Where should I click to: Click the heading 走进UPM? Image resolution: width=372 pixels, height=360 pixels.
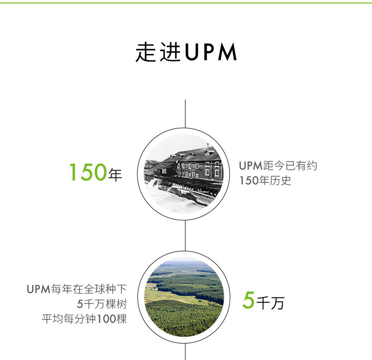point(186,52)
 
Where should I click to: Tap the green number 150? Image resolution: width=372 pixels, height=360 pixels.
point(88,172)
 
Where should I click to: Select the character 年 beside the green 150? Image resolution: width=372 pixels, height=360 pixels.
point(115,175)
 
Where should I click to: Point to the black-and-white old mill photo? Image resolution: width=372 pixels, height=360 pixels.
point(184,174)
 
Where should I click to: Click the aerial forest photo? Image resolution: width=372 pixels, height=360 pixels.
point(184,297)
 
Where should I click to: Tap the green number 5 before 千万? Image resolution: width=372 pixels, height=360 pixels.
point(248,300)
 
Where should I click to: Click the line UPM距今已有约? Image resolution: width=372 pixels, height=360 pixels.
point(278,166)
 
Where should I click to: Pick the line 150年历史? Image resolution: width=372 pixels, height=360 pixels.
point(265,180)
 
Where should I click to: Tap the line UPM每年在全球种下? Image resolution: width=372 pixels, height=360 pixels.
point(76,289)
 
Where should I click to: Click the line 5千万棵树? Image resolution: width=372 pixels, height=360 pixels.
point(102,304)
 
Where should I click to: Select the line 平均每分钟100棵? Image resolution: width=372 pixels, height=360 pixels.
point(84,319)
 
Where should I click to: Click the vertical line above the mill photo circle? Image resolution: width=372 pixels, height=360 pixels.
point(185,114)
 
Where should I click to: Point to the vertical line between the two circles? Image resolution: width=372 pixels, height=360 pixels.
point(185,236)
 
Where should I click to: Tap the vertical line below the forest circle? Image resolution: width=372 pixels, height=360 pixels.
point(185,352)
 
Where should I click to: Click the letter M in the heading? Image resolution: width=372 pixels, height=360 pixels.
point(227,52)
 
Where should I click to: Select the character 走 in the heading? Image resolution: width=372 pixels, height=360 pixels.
point(145,52)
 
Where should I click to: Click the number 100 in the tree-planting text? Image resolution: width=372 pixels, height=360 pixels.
point(106,319)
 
